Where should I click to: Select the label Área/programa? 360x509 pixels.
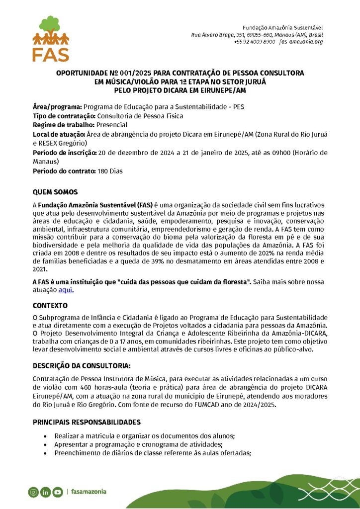tap(57, 107)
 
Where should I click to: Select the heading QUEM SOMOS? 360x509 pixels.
tap(55, 192)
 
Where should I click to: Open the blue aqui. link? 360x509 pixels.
tap(66, 290)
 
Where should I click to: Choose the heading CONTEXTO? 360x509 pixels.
tap(50, 305)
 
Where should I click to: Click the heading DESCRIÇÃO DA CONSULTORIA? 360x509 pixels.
tap(82, 366)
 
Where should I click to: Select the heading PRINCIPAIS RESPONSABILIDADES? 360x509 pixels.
tap(87, 422)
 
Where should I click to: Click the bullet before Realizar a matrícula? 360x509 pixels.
tap(46, 436)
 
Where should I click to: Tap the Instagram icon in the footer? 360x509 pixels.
tap(33, 492)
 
